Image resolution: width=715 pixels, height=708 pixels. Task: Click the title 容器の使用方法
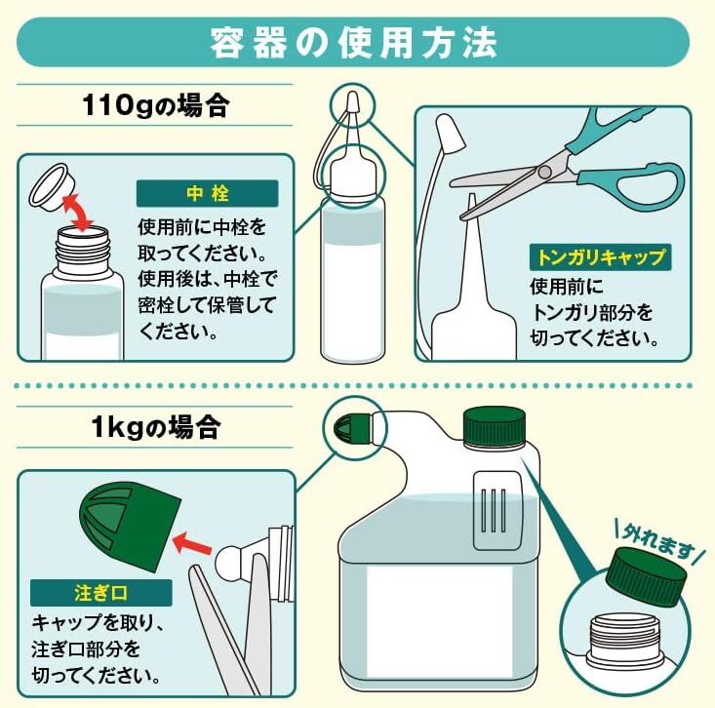pyautogui.click(x=353, y=44)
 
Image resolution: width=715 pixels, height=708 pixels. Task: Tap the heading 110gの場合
pyautogui.click(x=154, y=105)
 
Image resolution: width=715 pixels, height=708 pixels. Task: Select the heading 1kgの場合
pyautogui.click(x=155, y=427)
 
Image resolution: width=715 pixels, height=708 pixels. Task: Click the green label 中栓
pyautogui.click(x=207, y=193)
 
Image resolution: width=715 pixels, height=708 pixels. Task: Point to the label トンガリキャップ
pyautogui.click(x=600, y=257)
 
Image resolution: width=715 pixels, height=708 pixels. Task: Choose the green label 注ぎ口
pyautogui.click(x=100, y=593)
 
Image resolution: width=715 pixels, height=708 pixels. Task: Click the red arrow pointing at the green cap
pyautogui.click(x=192, y=542)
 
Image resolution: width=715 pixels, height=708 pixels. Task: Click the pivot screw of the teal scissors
pyautogui.click(x=544, y=172)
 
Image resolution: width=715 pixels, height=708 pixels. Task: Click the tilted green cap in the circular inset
pyautogui.click(x=646, y=577)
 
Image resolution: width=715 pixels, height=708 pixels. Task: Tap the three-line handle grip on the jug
pyautogui.click(x=493, y=510)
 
